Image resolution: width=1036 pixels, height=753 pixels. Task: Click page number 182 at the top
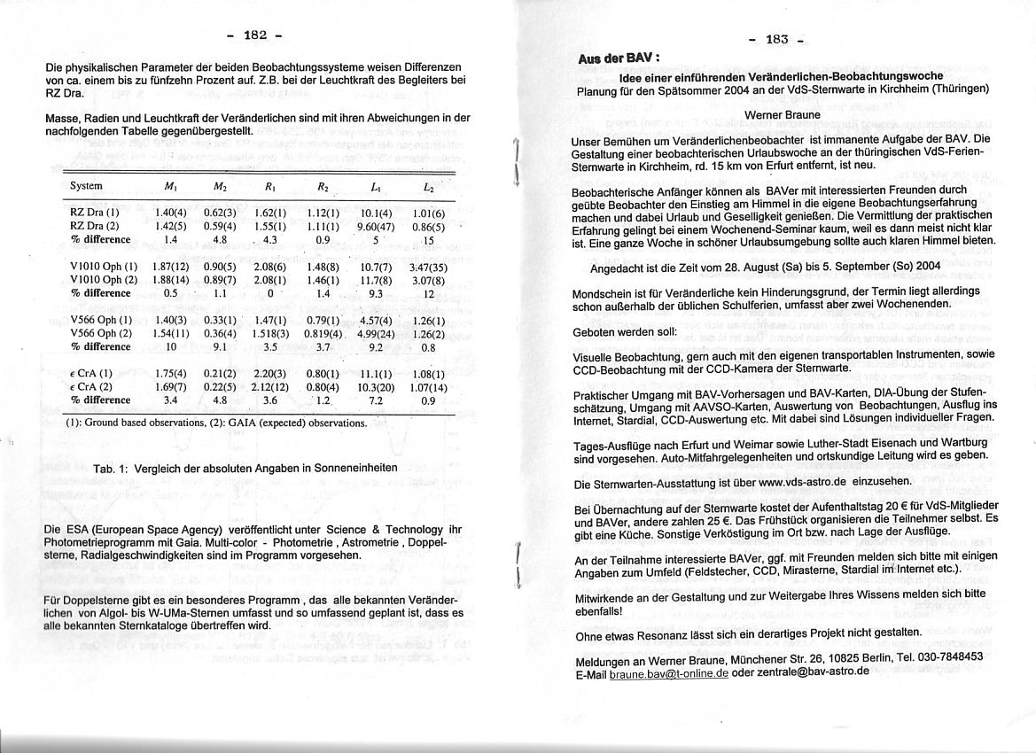254,35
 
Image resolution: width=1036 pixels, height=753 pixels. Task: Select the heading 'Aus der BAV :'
618,58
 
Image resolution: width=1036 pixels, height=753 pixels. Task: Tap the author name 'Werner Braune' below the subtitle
782,115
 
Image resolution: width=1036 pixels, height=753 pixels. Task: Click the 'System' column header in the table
86,186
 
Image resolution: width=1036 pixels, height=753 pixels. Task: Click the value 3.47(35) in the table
428,267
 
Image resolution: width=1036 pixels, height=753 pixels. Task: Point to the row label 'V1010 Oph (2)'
104,280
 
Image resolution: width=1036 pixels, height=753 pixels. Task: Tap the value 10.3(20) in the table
376,387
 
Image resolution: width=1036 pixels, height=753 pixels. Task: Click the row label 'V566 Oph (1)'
100,320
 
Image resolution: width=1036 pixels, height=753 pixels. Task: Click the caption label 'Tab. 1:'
111,468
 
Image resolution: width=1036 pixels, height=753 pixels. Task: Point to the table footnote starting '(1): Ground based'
215,423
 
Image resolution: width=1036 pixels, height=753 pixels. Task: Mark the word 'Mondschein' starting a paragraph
603,291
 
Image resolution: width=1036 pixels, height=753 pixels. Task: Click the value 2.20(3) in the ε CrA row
268,374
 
